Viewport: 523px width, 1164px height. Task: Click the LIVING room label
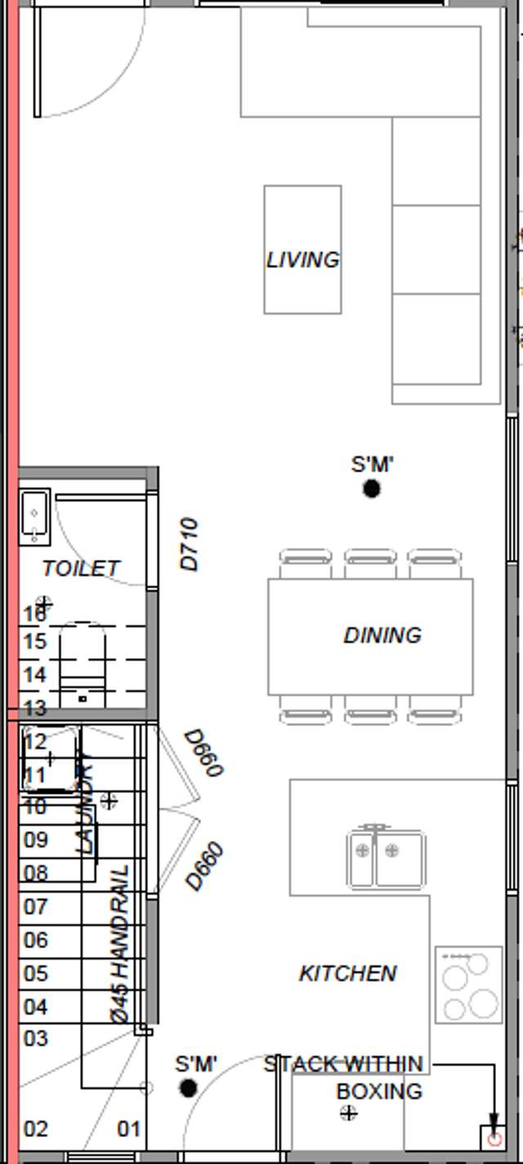tap(302, 260)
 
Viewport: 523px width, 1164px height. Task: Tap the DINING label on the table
tap(382, 635)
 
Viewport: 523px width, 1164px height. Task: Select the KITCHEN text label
tap(348, 974)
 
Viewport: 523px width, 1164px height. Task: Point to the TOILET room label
tap(81, 568)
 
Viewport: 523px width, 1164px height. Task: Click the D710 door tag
tap(189, 544)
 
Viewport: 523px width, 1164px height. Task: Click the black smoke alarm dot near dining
tap(372, 489)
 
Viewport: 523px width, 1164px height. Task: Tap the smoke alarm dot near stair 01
tap(189, 1089)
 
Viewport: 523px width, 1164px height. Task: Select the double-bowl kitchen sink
tap(386, 857)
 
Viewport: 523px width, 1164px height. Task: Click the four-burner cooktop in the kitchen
tap(468, 984)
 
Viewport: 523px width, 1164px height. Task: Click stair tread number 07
tap(35, 907)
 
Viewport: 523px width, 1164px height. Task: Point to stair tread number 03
tap(35, 1039)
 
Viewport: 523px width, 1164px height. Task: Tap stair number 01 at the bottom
tap(129, 1130)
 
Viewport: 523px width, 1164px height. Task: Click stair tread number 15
tap(35, 642)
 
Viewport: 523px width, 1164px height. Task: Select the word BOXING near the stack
tap(379, 1091)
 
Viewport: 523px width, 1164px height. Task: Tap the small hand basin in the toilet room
tap(34, 515)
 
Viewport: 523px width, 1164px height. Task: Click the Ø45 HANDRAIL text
tap(119, 944)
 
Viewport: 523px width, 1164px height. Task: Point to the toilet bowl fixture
tap(83, 666)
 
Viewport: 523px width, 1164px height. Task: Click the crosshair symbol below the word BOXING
tap(349, 1113)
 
